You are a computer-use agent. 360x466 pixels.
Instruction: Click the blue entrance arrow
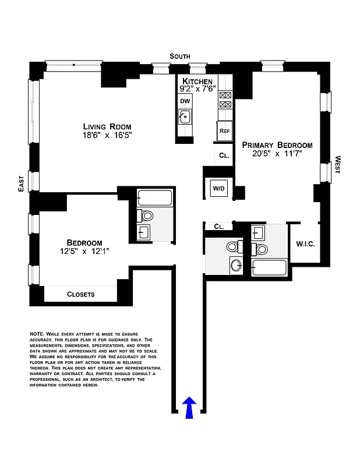point(189,407)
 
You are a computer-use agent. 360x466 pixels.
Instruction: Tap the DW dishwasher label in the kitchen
point(185,101)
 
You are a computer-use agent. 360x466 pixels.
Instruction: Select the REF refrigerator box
point(224,131)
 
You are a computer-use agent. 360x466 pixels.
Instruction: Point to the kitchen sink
point(186,118)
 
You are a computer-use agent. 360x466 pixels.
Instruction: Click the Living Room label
point(107,126)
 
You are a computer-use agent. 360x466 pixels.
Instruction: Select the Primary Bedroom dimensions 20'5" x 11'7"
point(277,154)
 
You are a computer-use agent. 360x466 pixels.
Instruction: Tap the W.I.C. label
point(305,244)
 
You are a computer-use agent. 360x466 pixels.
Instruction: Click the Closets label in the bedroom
point(80,294)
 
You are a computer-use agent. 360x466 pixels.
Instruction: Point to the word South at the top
point(180,56)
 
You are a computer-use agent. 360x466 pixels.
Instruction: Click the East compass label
point(22,185)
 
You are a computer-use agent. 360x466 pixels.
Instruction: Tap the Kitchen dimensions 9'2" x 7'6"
point(197,89)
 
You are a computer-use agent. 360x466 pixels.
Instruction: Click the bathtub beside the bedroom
point(154,198)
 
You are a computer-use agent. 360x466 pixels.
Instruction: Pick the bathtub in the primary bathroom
point(269,269)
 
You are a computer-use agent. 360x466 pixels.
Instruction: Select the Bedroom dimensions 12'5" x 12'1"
point(84,252)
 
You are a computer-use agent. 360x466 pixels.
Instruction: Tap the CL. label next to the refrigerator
point(224,156)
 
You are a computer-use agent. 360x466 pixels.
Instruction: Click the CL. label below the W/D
point(219,226)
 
